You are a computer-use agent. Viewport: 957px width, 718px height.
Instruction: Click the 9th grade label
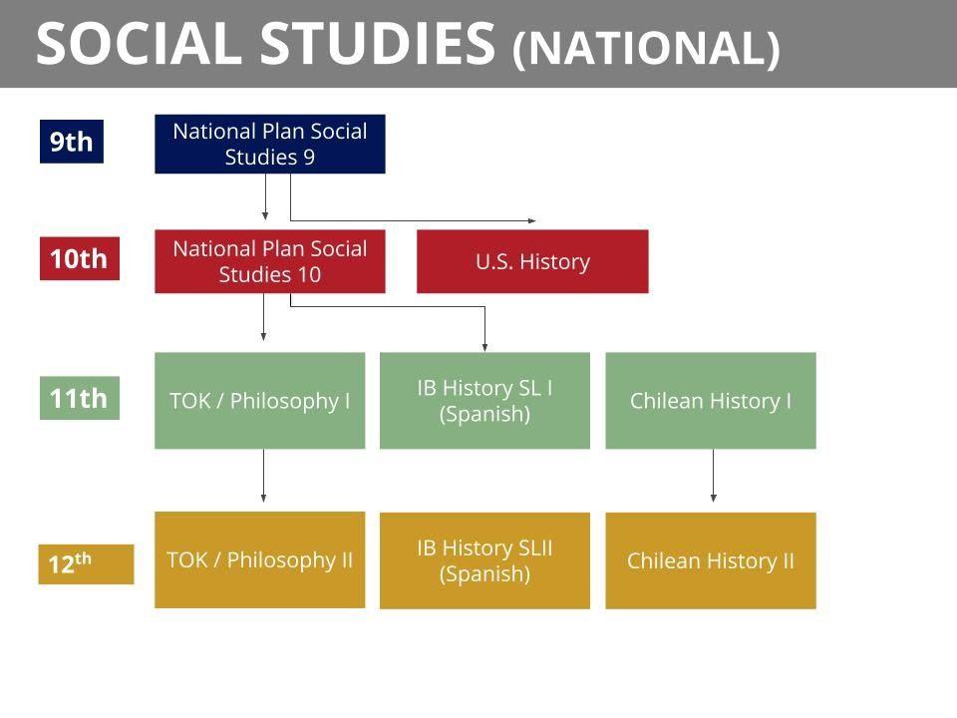point(72,142)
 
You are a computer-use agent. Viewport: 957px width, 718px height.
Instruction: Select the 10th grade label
point(80,258)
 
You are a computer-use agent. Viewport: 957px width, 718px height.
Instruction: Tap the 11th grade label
point(80,398)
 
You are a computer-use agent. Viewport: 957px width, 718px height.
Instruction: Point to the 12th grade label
point(86,564)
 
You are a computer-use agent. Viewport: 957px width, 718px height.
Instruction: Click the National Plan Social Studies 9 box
point(270,144)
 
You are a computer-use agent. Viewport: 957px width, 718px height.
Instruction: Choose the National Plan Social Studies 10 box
point(270,261)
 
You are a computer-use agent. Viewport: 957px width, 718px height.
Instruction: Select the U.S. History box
point(532,261)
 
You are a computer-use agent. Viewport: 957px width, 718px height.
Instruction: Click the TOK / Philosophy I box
point(260,401)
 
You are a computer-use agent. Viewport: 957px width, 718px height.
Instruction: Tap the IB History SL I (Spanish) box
point(484,401)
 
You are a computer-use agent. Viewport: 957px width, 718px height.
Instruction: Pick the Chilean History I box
point(711,401)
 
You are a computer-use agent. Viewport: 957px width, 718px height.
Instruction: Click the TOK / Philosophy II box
point(260,559)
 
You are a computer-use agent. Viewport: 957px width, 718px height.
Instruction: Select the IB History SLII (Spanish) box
point(484,560)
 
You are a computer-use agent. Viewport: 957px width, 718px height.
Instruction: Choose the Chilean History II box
point(711,560)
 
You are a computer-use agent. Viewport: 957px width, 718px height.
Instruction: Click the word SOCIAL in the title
point(140,43)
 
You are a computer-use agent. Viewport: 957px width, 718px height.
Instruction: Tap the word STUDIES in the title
point(379,43)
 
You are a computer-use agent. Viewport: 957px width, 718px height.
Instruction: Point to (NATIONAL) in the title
point(646,48)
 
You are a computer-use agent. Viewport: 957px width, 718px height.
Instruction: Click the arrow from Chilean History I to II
point(714,476)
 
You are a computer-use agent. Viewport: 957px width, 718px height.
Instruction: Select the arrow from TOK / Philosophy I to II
point(263,476)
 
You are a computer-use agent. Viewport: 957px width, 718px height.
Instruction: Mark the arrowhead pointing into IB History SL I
point(484,347)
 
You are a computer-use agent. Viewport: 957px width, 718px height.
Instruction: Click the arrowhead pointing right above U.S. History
point(532,220)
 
